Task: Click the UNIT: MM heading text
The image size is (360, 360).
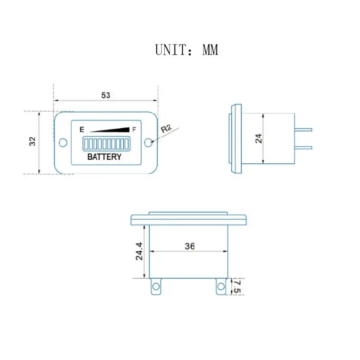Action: [x=186, y=50]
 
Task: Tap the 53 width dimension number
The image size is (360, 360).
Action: [x=106, y=95]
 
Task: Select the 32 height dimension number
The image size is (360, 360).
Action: [x=32, y=141]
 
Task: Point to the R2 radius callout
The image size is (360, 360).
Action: [x=166, y=129]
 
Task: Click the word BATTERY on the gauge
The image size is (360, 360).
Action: [x=104, y=157]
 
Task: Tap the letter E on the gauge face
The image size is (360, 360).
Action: [x=82, y=130]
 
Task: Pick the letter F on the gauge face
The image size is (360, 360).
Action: [x=134, y=130]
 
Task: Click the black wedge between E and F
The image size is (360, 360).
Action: [x=109, y=130]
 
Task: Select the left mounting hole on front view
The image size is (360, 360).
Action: [x=63, y=142]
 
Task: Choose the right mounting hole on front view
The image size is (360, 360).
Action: [x=148, y=142]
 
